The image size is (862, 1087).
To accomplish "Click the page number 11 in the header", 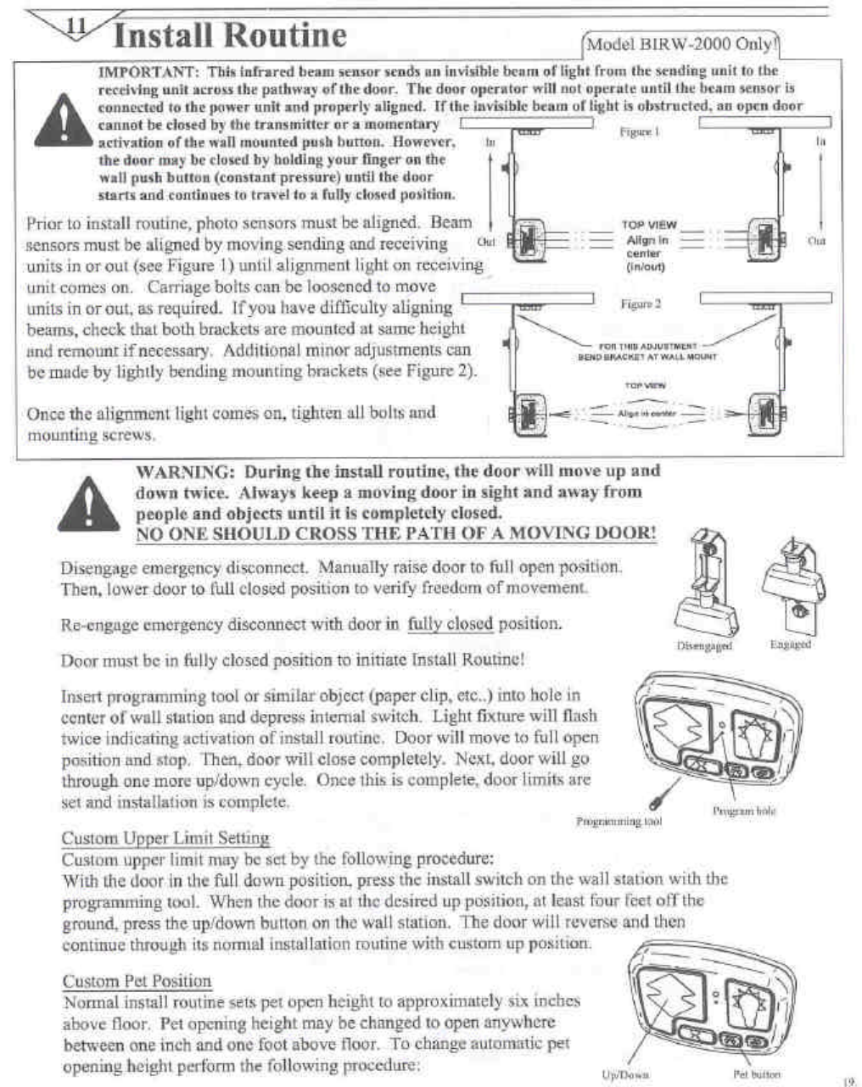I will click(76, 25).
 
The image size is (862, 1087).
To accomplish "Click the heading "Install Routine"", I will click(230, 36).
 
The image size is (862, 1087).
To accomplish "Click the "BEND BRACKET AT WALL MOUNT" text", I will click(646, 357).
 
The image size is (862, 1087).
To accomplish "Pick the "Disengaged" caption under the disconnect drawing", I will click(704, 646).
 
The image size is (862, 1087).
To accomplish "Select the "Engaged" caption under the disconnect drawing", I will click(790, 644).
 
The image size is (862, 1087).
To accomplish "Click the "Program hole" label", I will click(745, 811).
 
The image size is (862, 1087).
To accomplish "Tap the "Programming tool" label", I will click(619, 821).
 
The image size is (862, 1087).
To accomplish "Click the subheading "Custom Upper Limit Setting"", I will click(165, 839).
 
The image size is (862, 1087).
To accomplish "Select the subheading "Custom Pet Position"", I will click(137, 981).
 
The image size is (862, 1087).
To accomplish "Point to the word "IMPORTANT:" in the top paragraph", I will click(148, 71).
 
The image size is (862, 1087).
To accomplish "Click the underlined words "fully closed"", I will click(450, 624).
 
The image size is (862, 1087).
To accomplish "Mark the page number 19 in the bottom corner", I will click(848, 1081).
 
